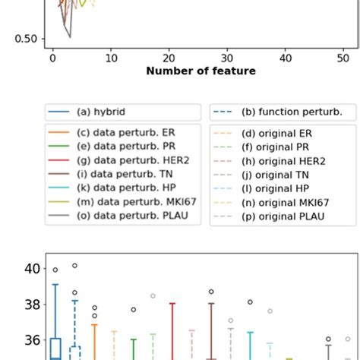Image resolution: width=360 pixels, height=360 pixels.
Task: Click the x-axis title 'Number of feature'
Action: [201, 71]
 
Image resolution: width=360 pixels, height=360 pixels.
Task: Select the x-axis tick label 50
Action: [343, 58]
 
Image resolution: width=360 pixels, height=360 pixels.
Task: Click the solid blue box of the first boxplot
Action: [55, 348]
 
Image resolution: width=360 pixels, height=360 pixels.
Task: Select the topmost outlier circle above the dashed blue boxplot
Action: [74, 266]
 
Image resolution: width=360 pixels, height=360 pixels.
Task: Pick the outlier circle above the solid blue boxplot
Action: [55, 270]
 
